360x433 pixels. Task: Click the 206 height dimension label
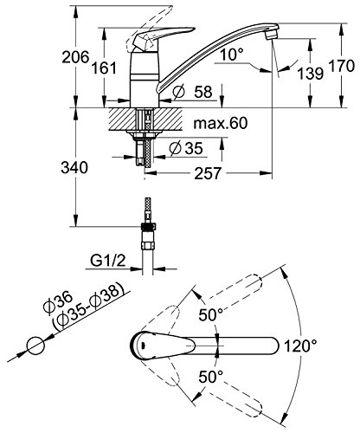[75, 57]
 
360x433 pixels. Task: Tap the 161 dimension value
[104, 68]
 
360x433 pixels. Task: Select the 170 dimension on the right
[342, 66]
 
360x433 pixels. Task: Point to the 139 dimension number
[310, 74]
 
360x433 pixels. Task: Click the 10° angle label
[231, 54]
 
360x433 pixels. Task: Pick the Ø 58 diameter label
[192, 92]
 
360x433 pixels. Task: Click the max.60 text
[221, 123]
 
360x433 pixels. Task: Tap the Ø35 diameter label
[186, 148]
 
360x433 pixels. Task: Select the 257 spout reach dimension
[208, 173]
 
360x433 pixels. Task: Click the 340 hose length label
[74, 167]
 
